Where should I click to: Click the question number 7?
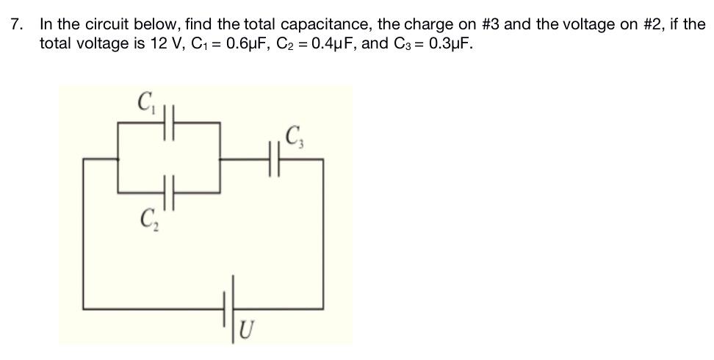[x=16, y=24]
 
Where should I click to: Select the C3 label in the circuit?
[x=295, y=137]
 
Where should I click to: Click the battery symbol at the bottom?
[x=230, y=308]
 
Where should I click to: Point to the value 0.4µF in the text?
[x=335, y=43]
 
